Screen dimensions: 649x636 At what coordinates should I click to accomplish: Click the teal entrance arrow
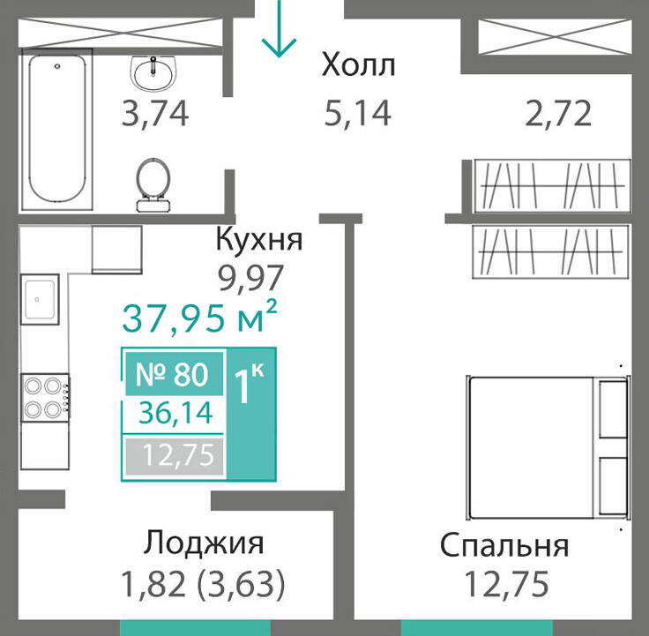pos(279,28)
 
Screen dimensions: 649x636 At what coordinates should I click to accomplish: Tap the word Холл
pos(358,65)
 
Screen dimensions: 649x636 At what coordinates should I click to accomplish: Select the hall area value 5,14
pos(357,113)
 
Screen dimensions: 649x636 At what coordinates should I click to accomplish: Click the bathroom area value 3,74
pos(155,114)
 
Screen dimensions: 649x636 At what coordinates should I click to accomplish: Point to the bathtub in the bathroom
pos(57,129)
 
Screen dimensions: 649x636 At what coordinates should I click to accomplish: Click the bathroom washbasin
pos(153,73)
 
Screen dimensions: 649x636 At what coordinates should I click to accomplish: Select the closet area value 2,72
pos(558,113)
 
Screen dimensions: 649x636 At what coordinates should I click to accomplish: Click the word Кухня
pos(259,239)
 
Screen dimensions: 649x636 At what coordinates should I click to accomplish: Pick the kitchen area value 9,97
pos(250,277)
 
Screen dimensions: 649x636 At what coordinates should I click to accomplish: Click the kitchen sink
pos(40,299)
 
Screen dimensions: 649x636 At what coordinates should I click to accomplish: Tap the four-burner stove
pos(46,398)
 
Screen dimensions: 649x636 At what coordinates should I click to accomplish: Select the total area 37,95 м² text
pos(199,318)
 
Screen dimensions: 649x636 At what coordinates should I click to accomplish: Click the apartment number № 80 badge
pos(175,374)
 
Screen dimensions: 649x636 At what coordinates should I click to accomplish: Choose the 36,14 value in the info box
pos(175,413)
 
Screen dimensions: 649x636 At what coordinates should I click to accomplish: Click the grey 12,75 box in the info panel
pos(175,456)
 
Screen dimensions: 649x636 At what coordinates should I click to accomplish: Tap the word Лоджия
pos(204,542)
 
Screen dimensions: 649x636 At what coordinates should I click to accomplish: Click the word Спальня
pos(504,545)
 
